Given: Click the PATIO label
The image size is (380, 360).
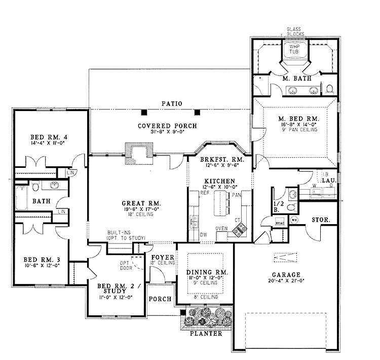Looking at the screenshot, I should (172, 103).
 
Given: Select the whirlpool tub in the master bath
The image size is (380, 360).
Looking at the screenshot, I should (294, 51).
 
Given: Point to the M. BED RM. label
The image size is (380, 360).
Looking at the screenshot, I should (295, 117).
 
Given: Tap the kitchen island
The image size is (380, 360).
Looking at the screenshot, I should (220, 203).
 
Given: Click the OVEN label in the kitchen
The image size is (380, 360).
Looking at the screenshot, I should (221, 228).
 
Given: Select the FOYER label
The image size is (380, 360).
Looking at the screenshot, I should (163, 257).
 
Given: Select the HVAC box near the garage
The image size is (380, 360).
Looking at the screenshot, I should (279, 222).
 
